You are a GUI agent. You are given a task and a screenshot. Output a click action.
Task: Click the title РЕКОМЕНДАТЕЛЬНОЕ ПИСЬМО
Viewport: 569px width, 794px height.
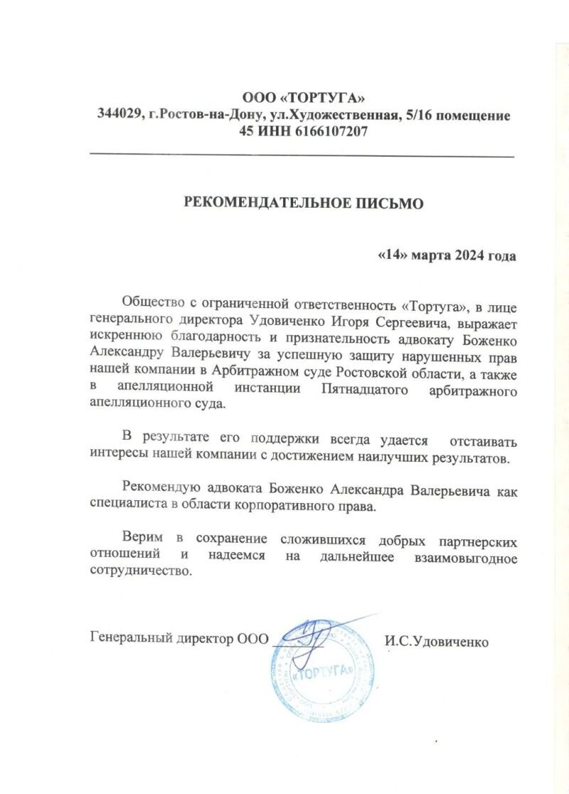[304, 203]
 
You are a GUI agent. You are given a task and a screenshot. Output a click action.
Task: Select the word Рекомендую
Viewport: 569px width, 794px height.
[159, 489]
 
